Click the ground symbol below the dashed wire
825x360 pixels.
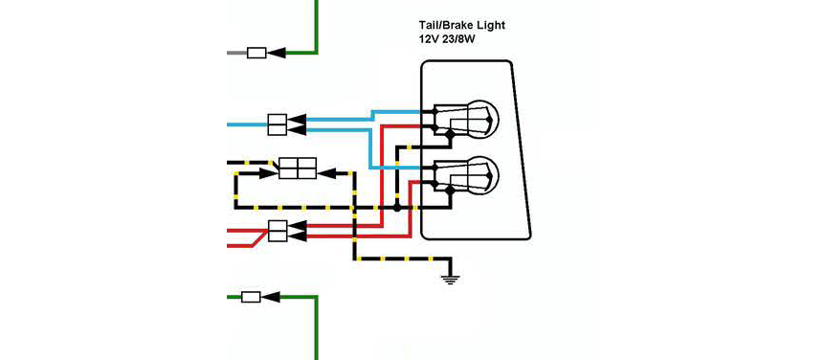coord(449,280)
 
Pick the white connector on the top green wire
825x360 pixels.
coord(256,53)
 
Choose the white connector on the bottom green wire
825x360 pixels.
coord(251,298)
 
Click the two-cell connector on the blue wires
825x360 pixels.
coord(278,124)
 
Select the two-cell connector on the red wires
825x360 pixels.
coord(278,231)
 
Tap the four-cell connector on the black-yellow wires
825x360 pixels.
coord(298,169)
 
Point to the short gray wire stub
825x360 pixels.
coord(236,53)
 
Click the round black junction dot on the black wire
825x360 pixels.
coord(397,209)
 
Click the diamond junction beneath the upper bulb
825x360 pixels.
coord(449,136)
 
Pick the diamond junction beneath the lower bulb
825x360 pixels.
coord(449,189)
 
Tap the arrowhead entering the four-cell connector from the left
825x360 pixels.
coord(269,172)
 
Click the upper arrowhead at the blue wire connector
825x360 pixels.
coord(297,120)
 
